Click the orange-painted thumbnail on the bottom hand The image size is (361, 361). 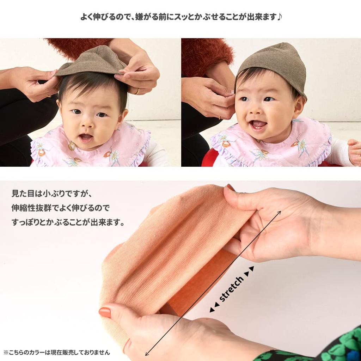coord(105,312)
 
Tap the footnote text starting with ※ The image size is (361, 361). coord(56,352)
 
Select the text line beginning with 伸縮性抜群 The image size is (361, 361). coord(61,208)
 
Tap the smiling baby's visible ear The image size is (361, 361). coord(299,106)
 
